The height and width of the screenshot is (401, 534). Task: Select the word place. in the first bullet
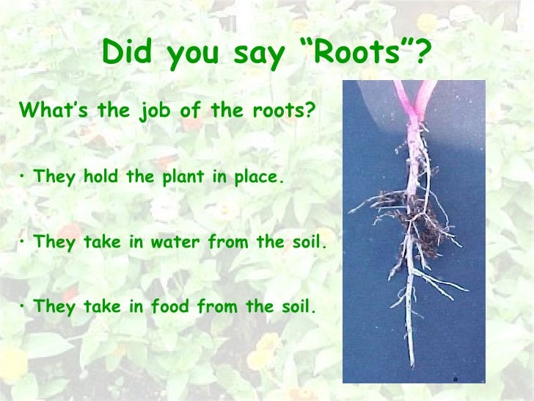tap(256, 177)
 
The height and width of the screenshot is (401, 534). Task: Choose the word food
tap(168, 306)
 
